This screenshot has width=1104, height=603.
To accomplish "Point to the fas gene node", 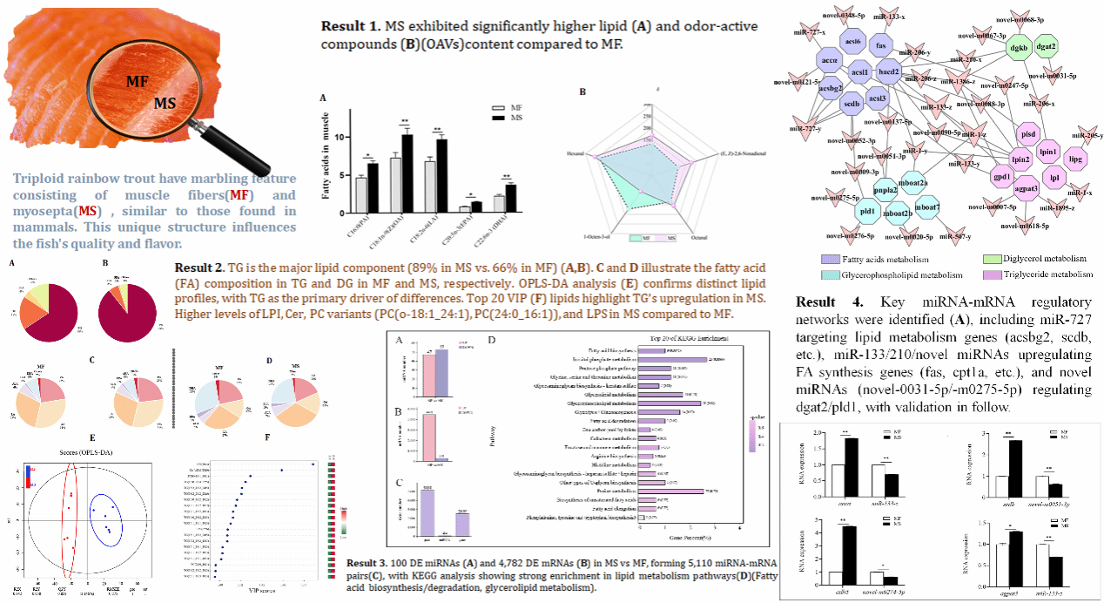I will pyautogui.click(x=881, y=46).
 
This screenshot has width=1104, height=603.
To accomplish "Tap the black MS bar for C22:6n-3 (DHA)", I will pyautogui.click(x=511, y=198).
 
